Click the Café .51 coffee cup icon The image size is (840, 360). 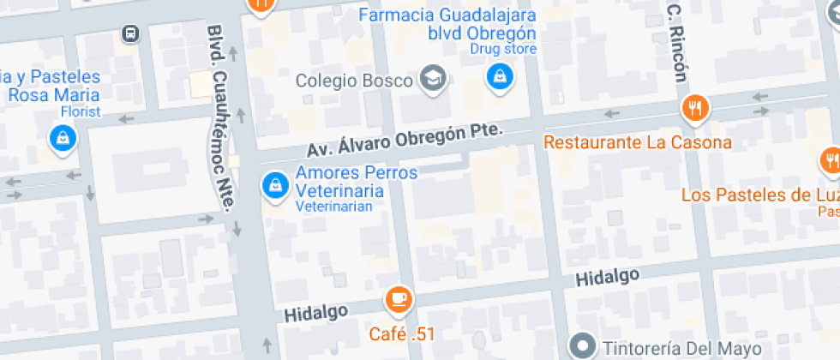click(399, 299)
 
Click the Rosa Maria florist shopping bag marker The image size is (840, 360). click(63, 138)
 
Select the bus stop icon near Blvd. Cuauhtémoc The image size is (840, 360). click(130, 34)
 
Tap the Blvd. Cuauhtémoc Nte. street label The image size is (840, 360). click(220, 118)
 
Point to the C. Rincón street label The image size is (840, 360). click(676, 42)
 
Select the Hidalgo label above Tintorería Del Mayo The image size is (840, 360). click(608, 277)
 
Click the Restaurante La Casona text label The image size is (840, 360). click(638, 142)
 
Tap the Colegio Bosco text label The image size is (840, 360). click(355, 81)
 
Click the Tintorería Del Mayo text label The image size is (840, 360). click(681, 348)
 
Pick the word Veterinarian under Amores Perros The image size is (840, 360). click(334, 207)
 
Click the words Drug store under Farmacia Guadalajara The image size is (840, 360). click(503, 49)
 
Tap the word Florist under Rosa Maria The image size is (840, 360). click(81, 111)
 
